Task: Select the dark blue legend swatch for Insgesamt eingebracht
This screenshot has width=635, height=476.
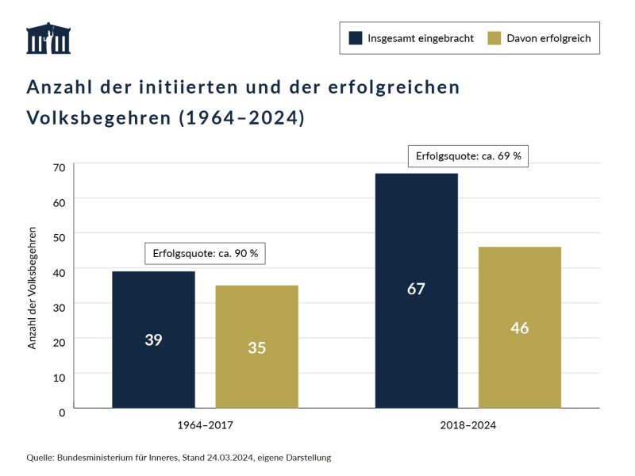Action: point(355,37)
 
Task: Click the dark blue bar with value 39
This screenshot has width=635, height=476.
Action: point(153,340)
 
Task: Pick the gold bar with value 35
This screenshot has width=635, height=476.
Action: point(256,347)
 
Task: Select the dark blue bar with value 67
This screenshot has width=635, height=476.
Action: point(416,290)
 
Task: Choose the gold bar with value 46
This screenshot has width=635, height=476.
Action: point(520,327)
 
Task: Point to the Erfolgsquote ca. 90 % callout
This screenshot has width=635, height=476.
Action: point(205,253)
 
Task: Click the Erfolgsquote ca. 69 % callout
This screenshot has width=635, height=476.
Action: point(468,156)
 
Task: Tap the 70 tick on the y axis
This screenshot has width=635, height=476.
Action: point(59,167)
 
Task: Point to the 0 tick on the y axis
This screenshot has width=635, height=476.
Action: point(62,412)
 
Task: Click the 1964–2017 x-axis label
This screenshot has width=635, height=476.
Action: point(205,426)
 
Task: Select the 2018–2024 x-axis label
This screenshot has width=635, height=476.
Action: point(468,426)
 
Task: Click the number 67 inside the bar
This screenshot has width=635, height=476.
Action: point(416,289)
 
